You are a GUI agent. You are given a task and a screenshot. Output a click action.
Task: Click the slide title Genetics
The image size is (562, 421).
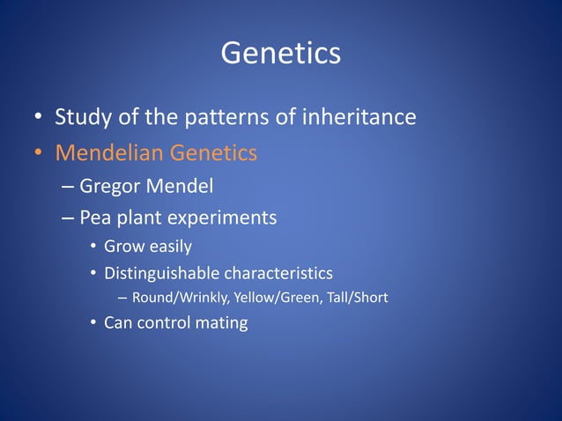280,54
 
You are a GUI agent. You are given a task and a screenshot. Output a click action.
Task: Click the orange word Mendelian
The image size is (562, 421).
109,153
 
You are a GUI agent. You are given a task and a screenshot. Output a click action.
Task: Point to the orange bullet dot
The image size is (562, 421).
39,154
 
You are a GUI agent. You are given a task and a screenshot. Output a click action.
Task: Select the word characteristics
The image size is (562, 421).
279,273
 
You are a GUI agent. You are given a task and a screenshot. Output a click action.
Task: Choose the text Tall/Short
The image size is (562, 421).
357,299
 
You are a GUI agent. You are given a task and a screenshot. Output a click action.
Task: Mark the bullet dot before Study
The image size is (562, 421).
39,118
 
